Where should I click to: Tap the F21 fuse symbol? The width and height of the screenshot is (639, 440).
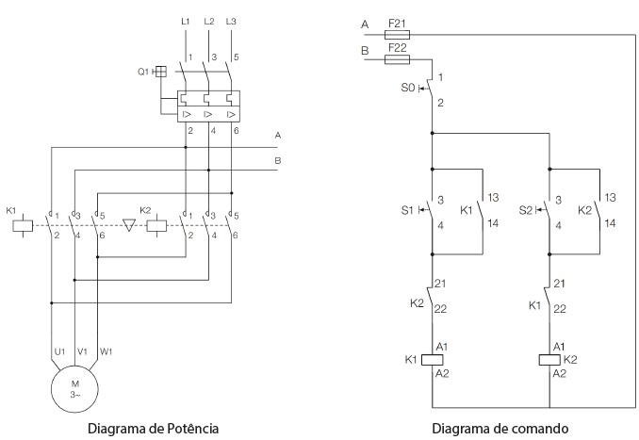397,38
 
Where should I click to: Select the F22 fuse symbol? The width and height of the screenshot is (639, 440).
398,58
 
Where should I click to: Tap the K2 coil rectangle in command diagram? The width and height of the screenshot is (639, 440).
549,359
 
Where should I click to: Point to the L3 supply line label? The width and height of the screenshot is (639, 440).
231,20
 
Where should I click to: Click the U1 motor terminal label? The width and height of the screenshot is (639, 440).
58,351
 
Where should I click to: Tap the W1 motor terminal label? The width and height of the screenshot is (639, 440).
106,351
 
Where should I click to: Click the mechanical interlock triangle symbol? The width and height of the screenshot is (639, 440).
130,226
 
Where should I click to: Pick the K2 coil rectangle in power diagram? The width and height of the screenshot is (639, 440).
161,226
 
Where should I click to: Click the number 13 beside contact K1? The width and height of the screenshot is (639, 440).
491,198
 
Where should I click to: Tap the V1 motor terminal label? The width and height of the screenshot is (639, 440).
81,351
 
